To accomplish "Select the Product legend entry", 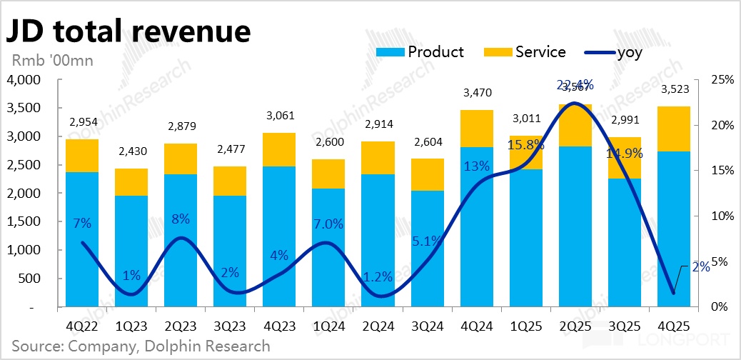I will [x=422, y=52].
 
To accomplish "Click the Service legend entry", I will [x=525, y=52].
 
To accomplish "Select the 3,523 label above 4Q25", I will [x=674, y=89].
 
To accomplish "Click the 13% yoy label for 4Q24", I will [x=476, y=167].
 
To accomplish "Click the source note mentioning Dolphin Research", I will [x=141, y=347].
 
